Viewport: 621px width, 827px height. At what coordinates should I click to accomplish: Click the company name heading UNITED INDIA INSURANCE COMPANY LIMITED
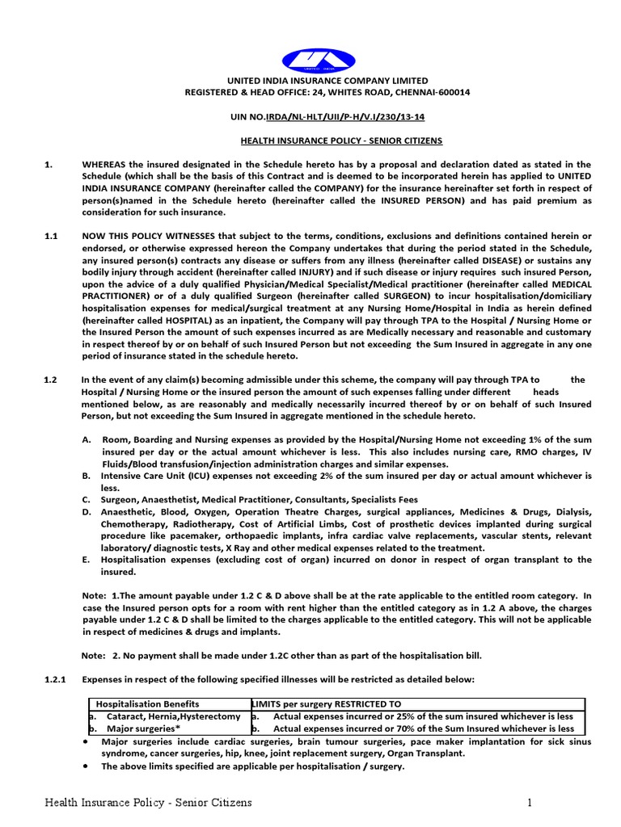(327, 81)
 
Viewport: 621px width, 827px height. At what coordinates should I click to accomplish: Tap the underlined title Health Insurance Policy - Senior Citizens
(341, 141)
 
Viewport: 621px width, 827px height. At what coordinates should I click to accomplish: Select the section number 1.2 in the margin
(51, 380)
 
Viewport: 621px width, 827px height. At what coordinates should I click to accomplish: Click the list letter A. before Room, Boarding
(87, 440)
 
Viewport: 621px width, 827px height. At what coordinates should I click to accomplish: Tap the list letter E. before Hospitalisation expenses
(87, 559)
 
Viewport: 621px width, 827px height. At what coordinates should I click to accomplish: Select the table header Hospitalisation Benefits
(148, 704)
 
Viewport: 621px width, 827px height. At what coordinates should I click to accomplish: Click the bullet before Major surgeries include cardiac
(87, 741)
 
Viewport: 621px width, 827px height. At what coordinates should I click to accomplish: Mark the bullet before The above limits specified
(87, 766)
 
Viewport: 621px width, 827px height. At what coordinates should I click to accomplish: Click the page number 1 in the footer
(530, 803)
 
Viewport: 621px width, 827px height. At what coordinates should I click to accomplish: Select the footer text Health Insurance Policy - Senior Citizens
(148, 803)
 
